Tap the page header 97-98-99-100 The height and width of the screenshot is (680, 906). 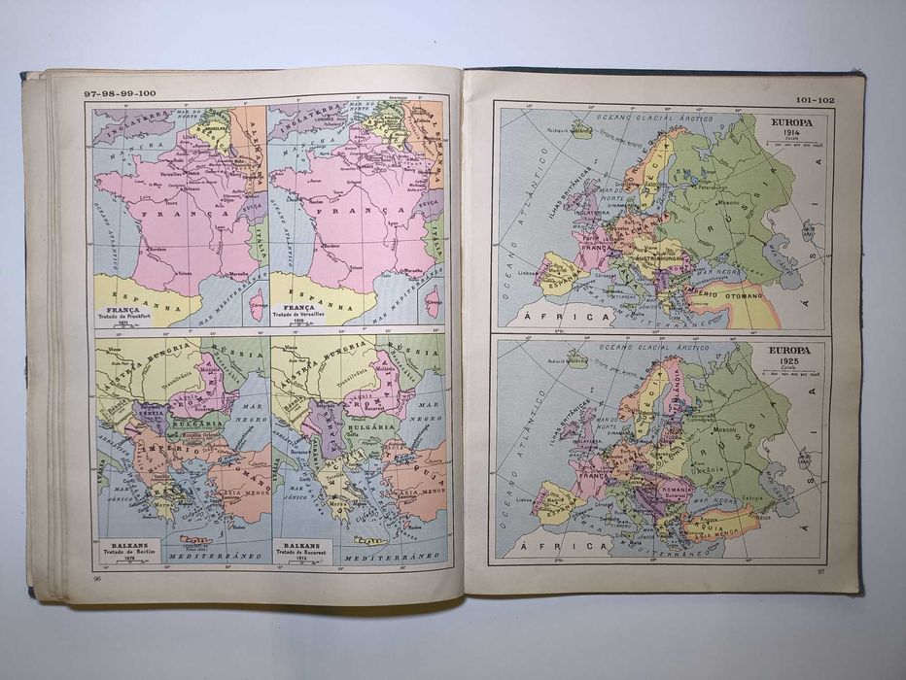click(120, 92)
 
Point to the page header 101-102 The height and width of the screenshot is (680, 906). click(815, 99)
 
